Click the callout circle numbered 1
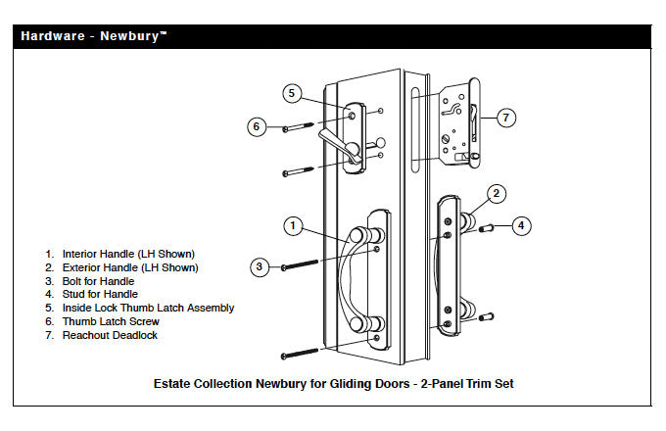click(292, 225)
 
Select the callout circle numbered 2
click(497, 193)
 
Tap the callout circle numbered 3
click(259, 265)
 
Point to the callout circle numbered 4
click(522, 225)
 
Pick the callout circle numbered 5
click(292, 93)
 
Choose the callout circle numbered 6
click(257, 126)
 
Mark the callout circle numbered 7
click(505, 118)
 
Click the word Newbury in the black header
click(130, 36)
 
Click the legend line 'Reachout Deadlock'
click(110, 335)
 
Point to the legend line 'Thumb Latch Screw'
click(110, 321)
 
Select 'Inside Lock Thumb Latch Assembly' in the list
click(147, 308)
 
